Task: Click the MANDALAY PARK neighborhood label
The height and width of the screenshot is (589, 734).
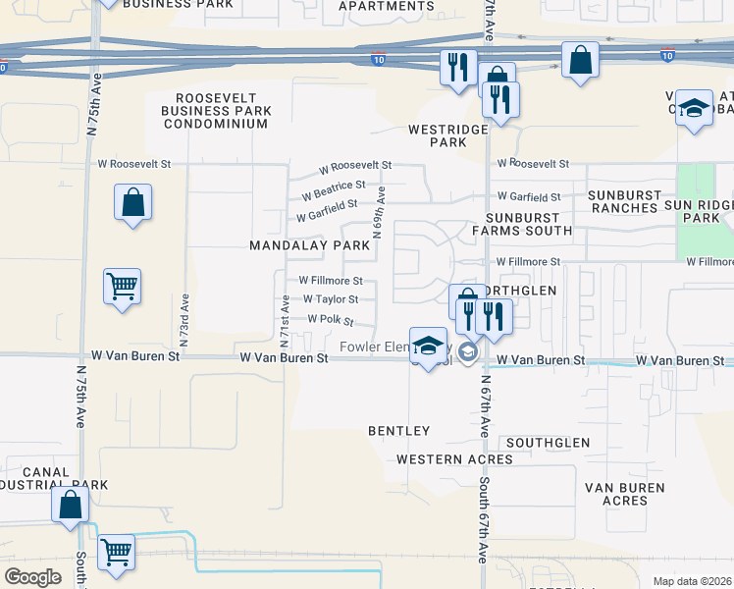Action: [x=308, y=244]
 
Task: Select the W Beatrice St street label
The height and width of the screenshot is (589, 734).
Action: [x=334, y=185]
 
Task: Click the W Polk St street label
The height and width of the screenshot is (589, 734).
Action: [x=330, y=320]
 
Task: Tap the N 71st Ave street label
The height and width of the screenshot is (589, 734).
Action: [x=284, y=321]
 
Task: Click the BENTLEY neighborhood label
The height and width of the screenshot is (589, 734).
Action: [x=398, y=431]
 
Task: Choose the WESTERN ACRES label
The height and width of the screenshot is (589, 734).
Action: [x=454, y=459]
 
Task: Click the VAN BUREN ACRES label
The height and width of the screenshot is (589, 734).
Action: [x=624, y=494]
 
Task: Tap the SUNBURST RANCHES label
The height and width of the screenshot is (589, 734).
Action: [x=623, y=201]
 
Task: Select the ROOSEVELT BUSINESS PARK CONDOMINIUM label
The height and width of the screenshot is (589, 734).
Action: [x=217, y=111]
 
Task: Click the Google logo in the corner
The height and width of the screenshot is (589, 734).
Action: [x=33, y=577]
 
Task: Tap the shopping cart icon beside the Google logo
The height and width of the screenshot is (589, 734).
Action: [x=117, y=552]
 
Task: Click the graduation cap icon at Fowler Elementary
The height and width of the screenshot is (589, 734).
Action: [x=427, y=345]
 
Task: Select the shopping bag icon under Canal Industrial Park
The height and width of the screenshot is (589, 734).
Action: [x=71, y=506]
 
